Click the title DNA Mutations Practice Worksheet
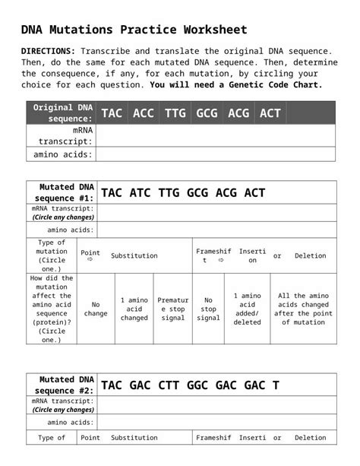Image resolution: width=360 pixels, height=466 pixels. [x=134, y=30]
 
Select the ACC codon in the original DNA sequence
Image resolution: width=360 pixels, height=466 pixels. [x=144, y=113]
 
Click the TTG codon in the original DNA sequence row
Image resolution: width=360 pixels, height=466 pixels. [x=175, y=113]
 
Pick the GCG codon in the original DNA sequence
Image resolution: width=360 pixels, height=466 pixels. [x=207, y=113]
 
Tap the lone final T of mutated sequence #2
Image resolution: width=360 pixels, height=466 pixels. [x=275, y=385]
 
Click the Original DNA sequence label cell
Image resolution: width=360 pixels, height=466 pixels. [x=63, y=113]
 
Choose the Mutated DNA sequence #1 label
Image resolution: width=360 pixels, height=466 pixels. [x=62, y=192]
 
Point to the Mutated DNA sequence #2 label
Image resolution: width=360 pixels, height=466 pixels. [x=62, y=385]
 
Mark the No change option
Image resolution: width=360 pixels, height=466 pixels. [x=96, y=309]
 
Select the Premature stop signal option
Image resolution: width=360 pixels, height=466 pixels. [x=173, y=309]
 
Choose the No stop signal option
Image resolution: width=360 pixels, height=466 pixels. [x=208, y=309]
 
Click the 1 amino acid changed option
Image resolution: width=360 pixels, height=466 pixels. [x=134, y=309]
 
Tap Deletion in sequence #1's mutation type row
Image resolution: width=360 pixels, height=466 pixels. [x=310, y=256]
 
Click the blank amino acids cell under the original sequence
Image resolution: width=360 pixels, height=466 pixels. [x=216, y=154]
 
